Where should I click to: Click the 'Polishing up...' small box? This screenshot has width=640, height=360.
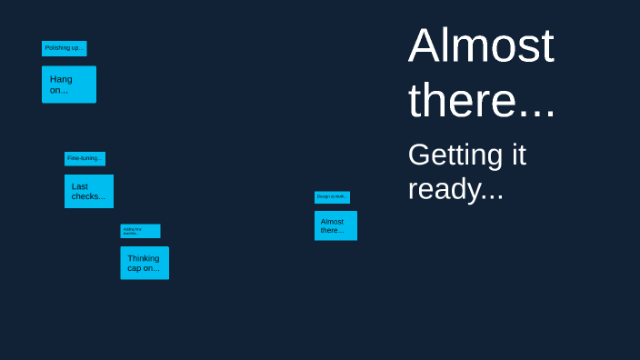64,48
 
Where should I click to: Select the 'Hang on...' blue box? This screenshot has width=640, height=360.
68,84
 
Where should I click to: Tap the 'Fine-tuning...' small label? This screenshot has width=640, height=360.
85,158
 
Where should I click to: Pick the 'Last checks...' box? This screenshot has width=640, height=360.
88,191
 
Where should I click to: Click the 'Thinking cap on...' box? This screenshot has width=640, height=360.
144,263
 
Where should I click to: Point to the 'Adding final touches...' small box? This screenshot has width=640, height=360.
140,231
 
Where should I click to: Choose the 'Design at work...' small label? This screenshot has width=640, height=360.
332,196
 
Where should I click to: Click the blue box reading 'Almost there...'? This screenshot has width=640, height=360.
335,225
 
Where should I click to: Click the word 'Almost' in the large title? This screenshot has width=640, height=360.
481,45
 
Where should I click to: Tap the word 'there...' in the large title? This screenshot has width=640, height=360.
481,100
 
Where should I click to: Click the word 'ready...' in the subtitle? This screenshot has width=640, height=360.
455,189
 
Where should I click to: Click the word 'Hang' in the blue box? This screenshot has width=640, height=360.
61,79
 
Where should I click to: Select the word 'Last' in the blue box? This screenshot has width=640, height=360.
80,186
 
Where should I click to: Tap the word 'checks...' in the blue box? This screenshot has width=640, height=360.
88,196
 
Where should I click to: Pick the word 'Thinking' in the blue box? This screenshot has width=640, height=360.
144,258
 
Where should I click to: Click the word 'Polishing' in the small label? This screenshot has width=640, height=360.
56,48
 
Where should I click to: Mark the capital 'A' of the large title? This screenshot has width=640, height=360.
425,46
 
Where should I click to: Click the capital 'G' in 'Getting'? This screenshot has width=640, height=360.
419,155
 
